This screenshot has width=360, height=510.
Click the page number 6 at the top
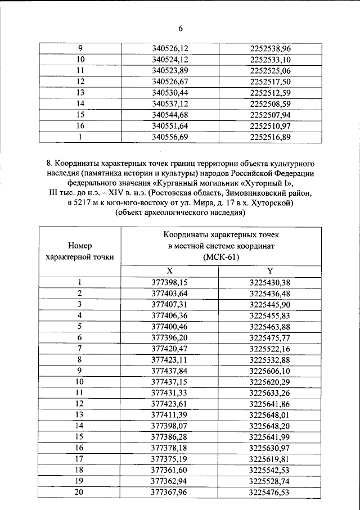181,28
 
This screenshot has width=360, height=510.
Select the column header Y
269,270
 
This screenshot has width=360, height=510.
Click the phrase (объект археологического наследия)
179,213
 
